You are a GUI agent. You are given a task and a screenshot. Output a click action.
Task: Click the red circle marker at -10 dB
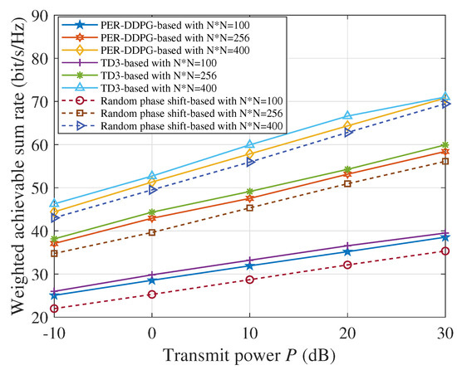pos(54,309)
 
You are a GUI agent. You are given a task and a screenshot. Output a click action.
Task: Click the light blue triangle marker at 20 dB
pos(347,116)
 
